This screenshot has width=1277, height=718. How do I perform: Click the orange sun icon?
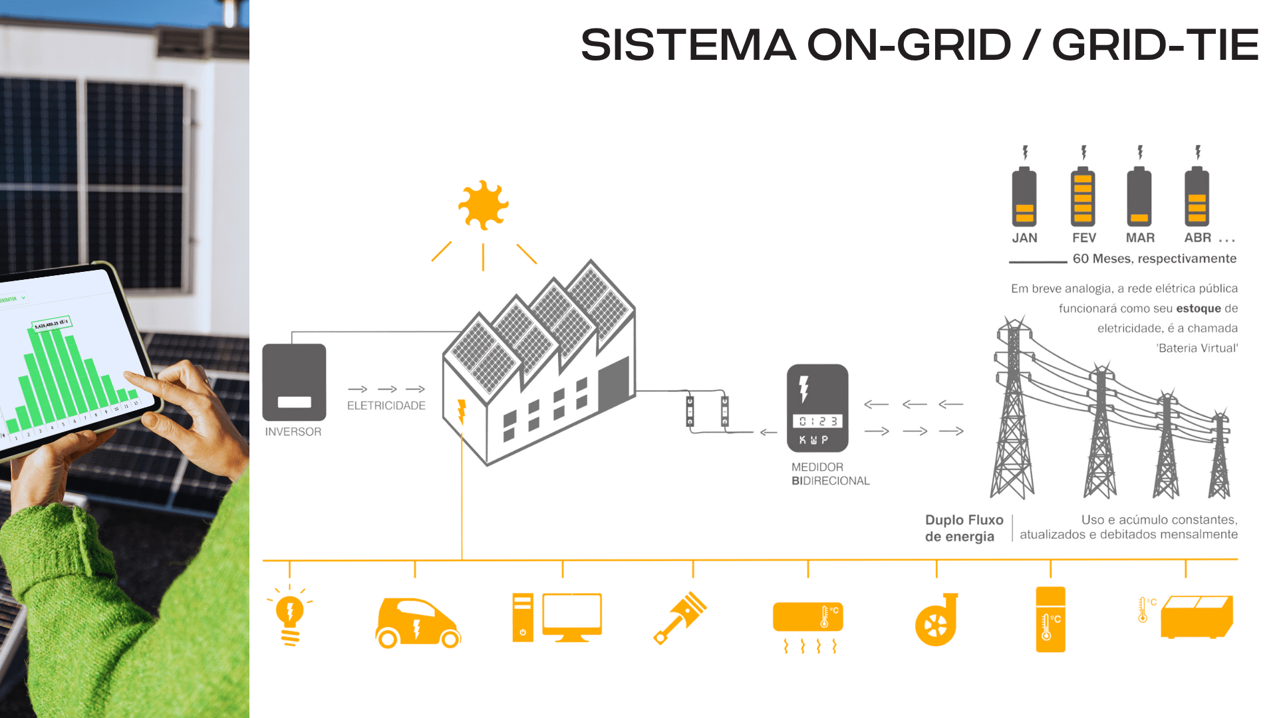484,205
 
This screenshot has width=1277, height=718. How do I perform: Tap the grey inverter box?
294,382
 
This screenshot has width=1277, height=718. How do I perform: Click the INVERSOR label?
293,431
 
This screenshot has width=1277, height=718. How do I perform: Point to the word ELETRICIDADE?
386,406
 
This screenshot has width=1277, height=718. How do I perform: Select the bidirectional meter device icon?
817,408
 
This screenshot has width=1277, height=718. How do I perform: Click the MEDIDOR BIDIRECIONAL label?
830,474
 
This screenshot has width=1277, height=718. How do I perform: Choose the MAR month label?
1140,238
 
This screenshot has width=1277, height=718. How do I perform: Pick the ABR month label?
1198,238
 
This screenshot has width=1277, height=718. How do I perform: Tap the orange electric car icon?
418,622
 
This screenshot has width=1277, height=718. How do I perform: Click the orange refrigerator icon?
1050,619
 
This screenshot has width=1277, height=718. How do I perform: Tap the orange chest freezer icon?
1197,617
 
